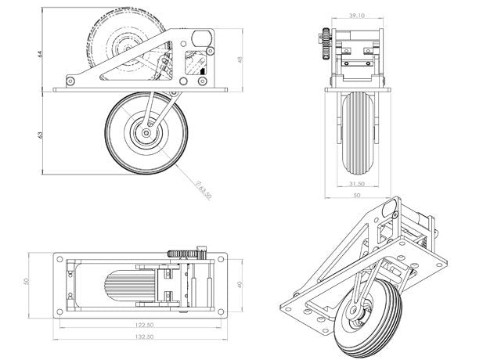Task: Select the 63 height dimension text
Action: pyautogui.click(x=39, y=135)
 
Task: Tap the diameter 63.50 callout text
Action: pyautogui.click(x=204, y=190)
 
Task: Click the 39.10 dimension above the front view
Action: pyautogui.click(x=356, y=15)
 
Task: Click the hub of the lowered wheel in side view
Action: pyautogui.click(x=146, y=134)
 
